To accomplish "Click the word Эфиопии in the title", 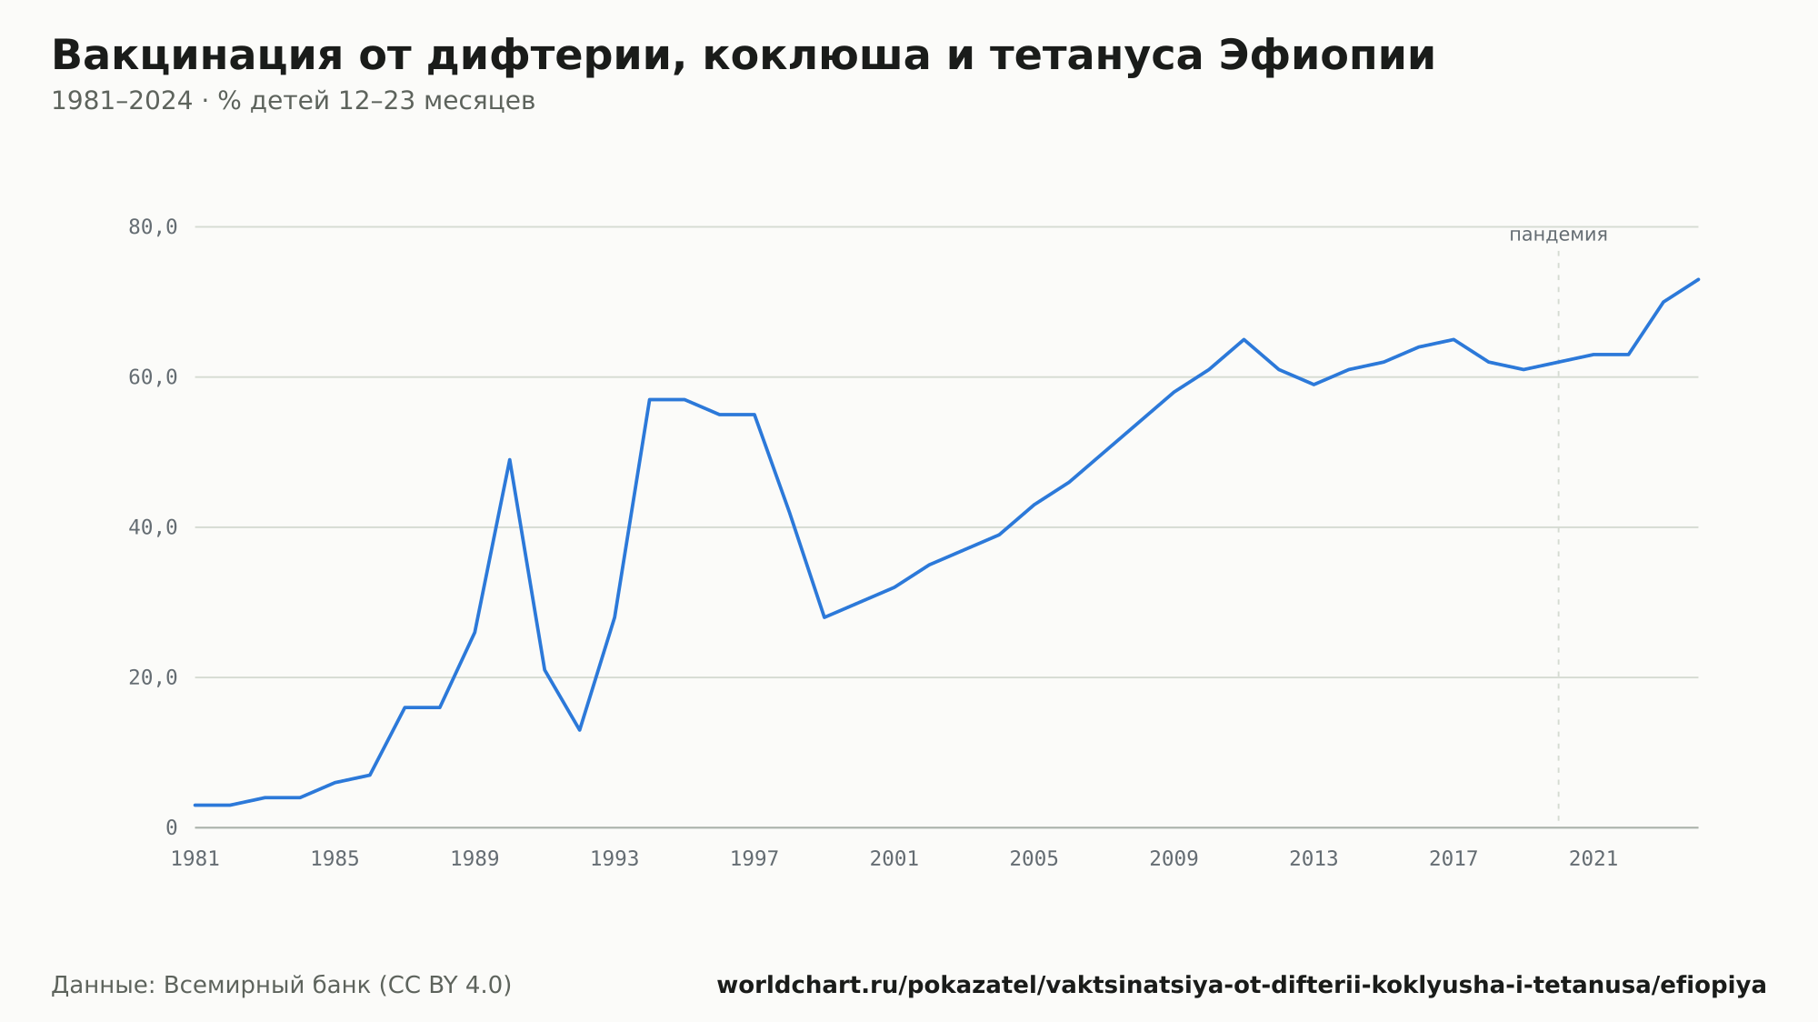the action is coord(1327,55).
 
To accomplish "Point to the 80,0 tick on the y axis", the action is coord(153,227).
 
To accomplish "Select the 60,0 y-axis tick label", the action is coord(153,377).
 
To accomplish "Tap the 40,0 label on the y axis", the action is coord(153,527).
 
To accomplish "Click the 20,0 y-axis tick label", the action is coord(153,677).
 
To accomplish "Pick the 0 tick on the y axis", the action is coord(172,827).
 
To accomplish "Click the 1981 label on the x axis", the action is coord(195,859).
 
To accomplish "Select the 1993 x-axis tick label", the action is coord(614,859).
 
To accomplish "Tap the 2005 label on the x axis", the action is coord(1034,859).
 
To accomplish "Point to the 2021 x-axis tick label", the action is coord(1593,859).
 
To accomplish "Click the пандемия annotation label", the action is coord(1558,235).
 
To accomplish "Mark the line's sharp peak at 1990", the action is coord(510,459).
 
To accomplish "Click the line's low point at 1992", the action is coord(580,730).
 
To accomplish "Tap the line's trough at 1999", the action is coord(824,617).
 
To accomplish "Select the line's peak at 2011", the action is coord(1244,339).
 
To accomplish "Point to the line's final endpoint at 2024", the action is coord(1698,279).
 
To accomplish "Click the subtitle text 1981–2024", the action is coord(122,101).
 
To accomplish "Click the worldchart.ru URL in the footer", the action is coord(1242,986).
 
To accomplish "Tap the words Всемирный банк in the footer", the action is coord(266,986).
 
